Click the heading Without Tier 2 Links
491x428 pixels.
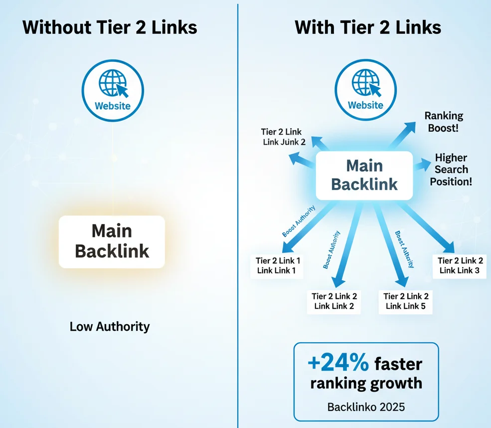(110, 27)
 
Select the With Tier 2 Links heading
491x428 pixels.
(368, 27)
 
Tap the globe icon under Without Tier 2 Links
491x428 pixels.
(113, 82)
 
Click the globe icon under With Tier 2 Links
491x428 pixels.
(365, 82)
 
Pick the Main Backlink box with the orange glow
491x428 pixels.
(112, 241)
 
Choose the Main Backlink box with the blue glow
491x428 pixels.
(364, 175)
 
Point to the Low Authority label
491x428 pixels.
(110, 327)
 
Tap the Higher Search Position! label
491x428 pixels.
(451, 170)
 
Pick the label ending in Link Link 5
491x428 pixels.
(406, 301)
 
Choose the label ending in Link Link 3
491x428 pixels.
(460, 265)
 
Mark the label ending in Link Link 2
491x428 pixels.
(334, 301)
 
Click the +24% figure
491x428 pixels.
(338, 364)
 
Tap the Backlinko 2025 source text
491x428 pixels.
(366, 407)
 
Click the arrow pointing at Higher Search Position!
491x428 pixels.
(421, 165)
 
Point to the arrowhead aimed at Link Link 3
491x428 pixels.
(449, 247)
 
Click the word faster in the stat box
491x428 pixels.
(398, 364)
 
